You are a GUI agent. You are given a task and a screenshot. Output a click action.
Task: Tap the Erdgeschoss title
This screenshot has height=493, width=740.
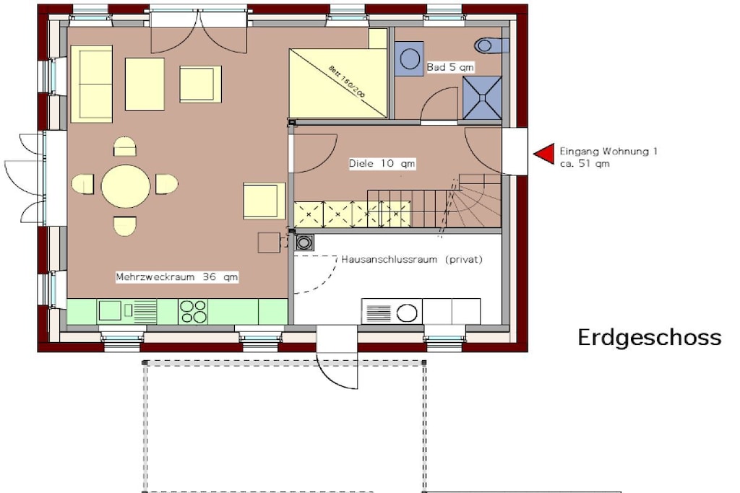click(650, 338)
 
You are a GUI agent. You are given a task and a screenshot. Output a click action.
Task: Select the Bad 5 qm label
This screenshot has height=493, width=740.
click(449, 67)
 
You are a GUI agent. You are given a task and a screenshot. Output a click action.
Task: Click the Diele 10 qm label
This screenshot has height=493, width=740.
click(382, 164)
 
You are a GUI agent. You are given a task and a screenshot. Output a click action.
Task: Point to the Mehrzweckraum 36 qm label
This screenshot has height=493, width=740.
click(177, 276)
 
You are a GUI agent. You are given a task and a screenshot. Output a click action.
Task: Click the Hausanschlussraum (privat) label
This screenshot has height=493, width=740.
click(412, 259)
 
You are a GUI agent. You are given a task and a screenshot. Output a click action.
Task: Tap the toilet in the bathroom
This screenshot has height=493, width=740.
click(491, 45)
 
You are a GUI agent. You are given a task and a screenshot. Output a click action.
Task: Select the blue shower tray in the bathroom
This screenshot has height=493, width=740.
click(482, 97)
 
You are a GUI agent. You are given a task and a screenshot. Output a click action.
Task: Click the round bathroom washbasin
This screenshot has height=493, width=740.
click(409, 59)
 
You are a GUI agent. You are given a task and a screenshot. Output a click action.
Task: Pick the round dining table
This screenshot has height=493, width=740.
click(126, 187)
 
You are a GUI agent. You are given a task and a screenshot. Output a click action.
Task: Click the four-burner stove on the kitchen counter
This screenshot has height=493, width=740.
click(194, 312)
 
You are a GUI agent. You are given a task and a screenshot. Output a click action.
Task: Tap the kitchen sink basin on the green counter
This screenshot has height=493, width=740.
click(110, 310)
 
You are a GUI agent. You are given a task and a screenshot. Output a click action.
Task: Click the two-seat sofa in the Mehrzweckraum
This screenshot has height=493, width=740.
click(92, 84)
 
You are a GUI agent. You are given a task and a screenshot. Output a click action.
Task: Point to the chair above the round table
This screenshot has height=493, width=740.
click(125, 147)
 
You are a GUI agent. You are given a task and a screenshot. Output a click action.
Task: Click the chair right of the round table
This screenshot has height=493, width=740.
click(167, 184)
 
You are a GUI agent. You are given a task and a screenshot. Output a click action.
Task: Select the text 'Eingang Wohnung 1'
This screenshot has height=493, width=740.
click(608, 152)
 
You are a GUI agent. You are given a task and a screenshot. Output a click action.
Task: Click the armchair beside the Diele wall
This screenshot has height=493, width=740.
click(264, 201)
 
